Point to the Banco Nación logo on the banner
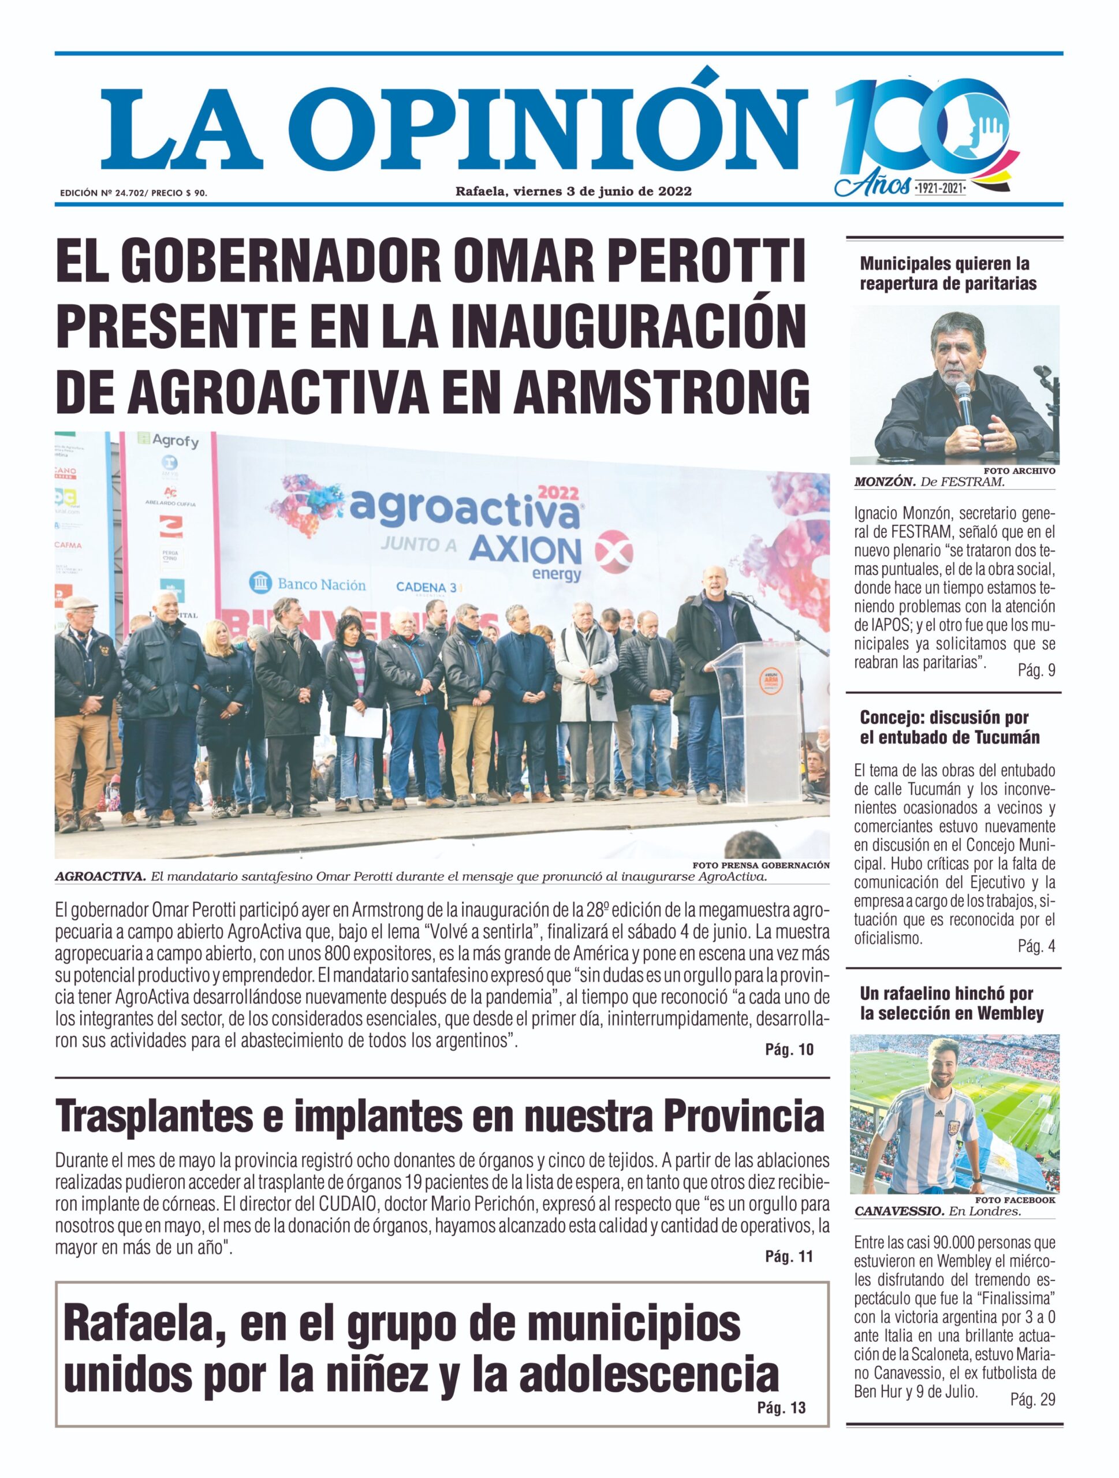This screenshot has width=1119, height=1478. (308, 585)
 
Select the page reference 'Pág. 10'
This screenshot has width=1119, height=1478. (789, 1050)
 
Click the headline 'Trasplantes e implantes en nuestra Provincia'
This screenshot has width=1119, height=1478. (439, 1116)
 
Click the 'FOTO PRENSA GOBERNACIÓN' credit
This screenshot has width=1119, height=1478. (761, 865)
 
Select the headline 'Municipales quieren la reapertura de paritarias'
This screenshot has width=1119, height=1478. (948, 273)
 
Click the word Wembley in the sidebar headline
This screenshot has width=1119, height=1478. (1009, 1014)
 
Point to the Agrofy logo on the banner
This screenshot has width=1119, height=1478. (169, 441)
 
